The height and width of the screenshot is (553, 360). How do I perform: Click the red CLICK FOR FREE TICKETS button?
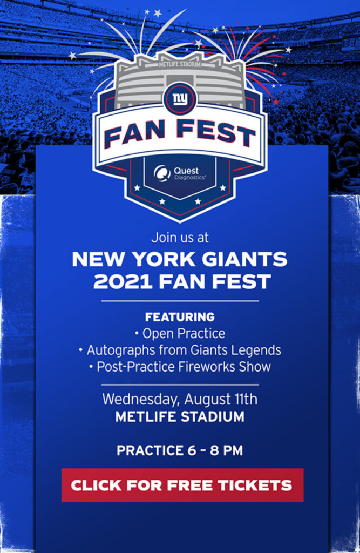click(182, 485)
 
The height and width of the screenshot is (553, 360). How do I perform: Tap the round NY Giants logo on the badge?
click(180, 99)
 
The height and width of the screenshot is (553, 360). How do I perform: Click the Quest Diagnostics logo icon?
click(162, 173)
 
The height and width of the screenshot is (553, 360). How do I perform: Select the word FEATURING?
click(180, 316)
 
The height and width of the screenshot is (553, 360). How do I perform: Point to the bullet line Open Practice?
click(180, 333)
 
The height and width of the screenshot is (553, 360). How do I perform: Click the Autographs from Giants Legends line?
click(180, 350)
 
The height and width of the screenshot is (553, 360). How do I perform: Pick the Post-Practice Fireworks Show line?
click(180, 367)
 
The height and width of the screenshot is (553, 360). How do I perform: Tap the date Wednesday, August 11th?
click(180, 400)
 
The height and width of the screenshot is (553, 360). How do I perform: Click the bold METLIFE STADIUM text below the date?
click(180, 417)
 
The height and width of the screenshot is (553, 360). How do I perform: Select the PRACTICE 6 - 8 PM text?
click(180, 450)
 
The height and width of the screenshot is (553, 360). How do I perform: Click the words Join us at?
click(180, 238)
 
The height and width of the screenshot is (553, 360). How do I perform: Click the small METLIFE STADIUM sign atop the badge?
click(180, 65)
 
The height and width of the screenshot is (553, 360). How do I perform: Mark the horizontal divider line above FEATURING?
click(180, 301)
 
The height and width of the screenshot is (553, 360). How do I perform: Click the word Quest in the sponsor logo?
click(186, 171)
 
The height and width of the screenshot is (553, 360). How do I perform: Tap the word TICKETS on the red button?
click(255, 485)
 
